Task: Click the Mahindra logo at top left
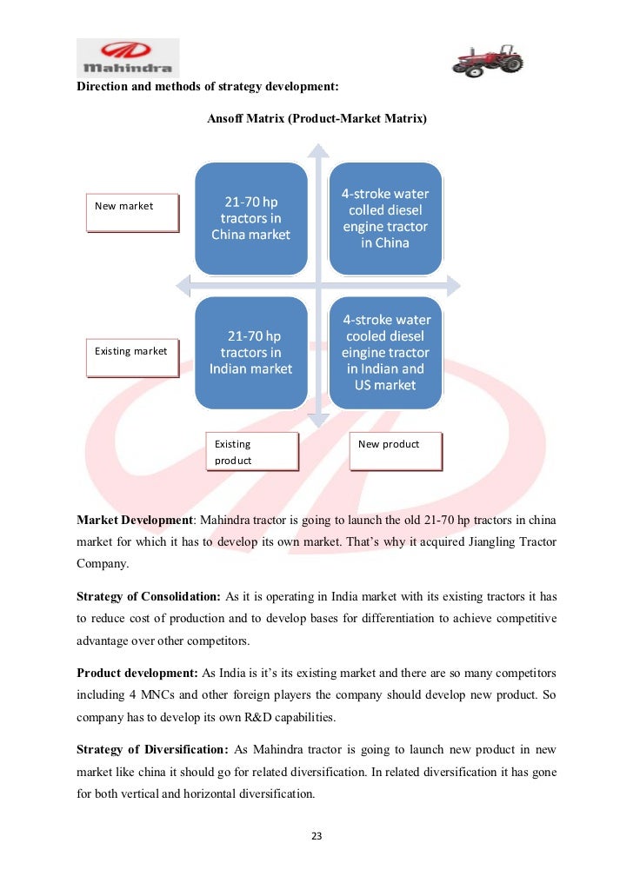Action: tap(127, 57)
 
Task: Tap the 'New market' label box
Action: tap(132, 212)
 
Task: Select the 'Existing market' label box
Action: tap(132, 356)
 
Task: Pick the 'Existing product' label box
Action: tap(251, 452)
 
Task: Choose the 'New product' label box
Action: tap(396, 452)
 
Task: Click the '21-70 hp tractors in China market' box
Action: tap(250, 218)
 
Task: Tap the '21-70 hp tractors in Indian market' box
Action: tap(250, 352)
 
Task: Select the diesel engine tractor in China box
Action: tap(385, 218)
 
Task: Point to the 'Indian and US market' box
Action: tap(385, 352)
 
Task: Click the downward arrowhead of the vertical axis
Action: tap(318, 420)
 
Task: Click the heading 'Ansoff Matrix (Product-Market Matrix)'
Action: tap(316, 117)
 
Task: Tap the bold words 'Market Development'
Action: tap(134, 520)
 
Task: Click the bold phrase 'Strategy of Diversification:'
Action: tap(152, 749)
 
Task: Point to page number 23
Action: tap(316, 836)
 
